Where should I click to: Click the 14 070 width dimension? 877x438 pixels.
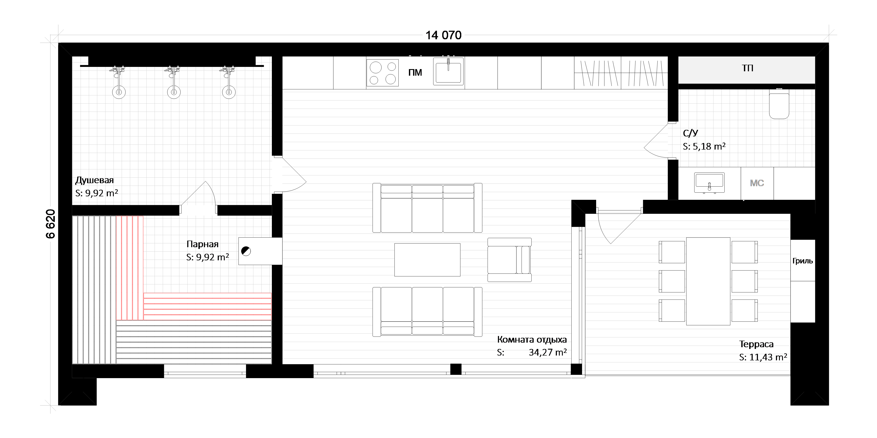pos(443,35)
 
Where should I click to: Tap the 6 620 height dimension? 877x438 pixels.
pos(50,224)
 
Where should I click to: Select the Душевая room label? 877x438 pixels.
pos(94,180)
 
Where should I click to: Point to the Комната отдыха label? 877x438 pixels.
pos(532,340)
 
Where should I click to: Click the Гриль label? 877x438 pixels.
pos(802,261)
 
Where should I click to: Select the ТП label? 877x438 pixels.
pos(748,68)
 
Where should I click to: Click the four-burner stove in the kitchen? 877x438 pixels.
pos(382,73)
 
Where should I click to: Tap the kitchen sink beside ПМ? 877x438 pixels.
pos(448,72)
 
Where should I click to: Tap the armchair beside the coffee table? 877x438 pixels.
pos(509,260)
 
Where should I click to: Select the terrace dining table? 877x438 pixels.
pos(708,281)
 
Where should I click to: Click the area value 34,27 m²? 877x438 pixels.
pos(547,352)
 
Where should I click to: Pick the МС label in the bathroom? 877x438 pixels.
pos(757,183)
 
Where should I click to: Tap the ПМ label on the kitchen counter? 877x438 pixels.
pos(415,73)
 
